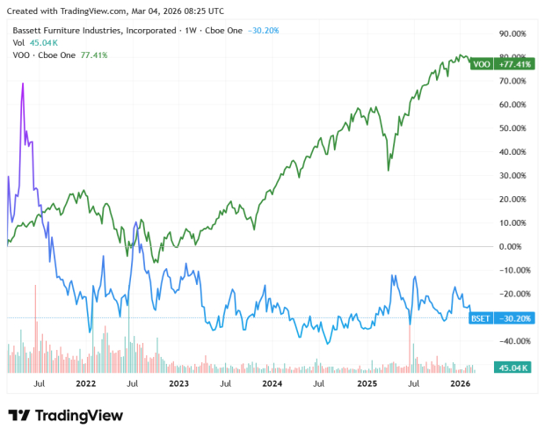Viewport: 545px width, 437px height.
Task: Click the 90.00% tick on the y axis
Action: coord(512,33)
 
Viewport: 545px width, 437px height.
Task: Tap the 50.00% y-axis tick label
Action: coord(512,128)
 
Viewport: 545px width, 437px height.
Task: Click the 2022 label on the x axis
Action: coord(85,383)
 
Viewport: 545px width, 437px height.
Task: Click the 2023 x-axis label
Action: coord(178,383)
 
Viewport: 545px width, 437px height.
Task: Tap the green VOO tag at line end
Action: coord(482,64)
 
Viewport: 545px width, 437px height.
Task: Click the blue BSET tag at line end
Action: coord(481,317)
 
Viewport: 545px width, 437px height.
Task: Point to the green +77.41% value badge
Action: coord(513,64)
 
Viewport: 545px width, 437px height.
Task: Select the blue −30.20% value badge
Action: coord(513,317)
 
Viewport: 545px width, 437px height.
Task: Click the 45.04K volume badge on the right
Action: coord(512,368)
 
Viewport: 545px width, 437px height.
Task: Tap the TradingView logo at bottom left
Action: coord(66,415)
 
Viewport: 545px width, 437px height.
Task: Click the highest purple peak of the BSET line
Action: coord(23,84)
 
